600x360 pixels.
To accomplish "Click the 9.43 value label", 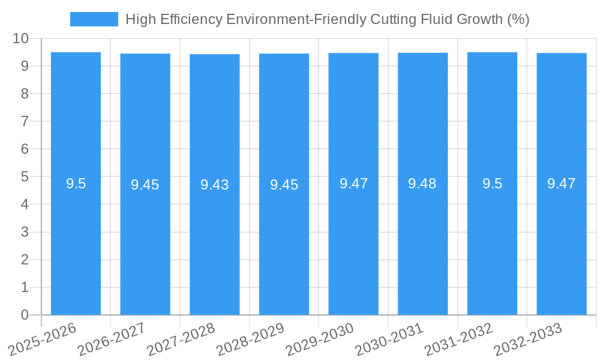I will tap(215, 185).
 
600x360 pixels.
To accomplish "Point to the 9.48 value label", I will tap(422, 184).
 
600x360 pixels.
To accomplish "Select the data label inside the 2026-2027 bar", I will tap(145, 185).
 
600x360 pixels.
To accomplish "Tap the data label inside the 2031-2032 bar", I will tap(492, 184).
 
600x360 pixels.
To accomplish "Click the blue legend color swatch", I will tap(94, 19).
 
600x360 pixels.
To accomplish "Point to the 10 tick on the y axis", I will tap(21, 38).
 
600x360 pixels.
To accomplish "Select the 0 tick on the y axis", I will tap(25, 315).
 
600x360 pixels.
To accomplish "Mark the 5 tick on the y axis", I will tap(25, 176).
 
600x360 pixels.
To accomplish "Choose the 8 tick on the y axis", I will tap(25, 94).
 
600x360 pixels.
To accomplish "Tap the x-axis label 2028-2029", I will tap(251, 340).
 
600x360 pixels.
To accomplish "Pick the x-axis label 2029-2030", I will tap(320, 340).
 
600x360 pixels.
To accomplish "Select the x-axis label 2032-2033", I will tap(528, 340).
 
